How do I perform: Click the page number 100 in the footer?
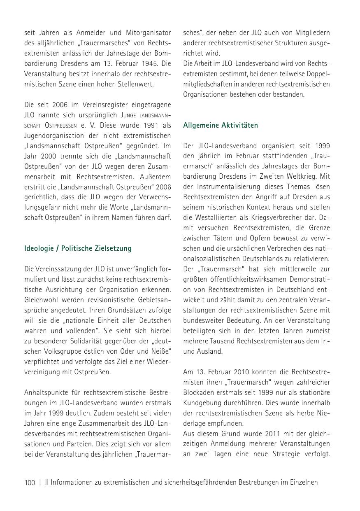click(30, 482)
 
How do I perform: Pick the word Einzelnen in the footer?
click(303, 482)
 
